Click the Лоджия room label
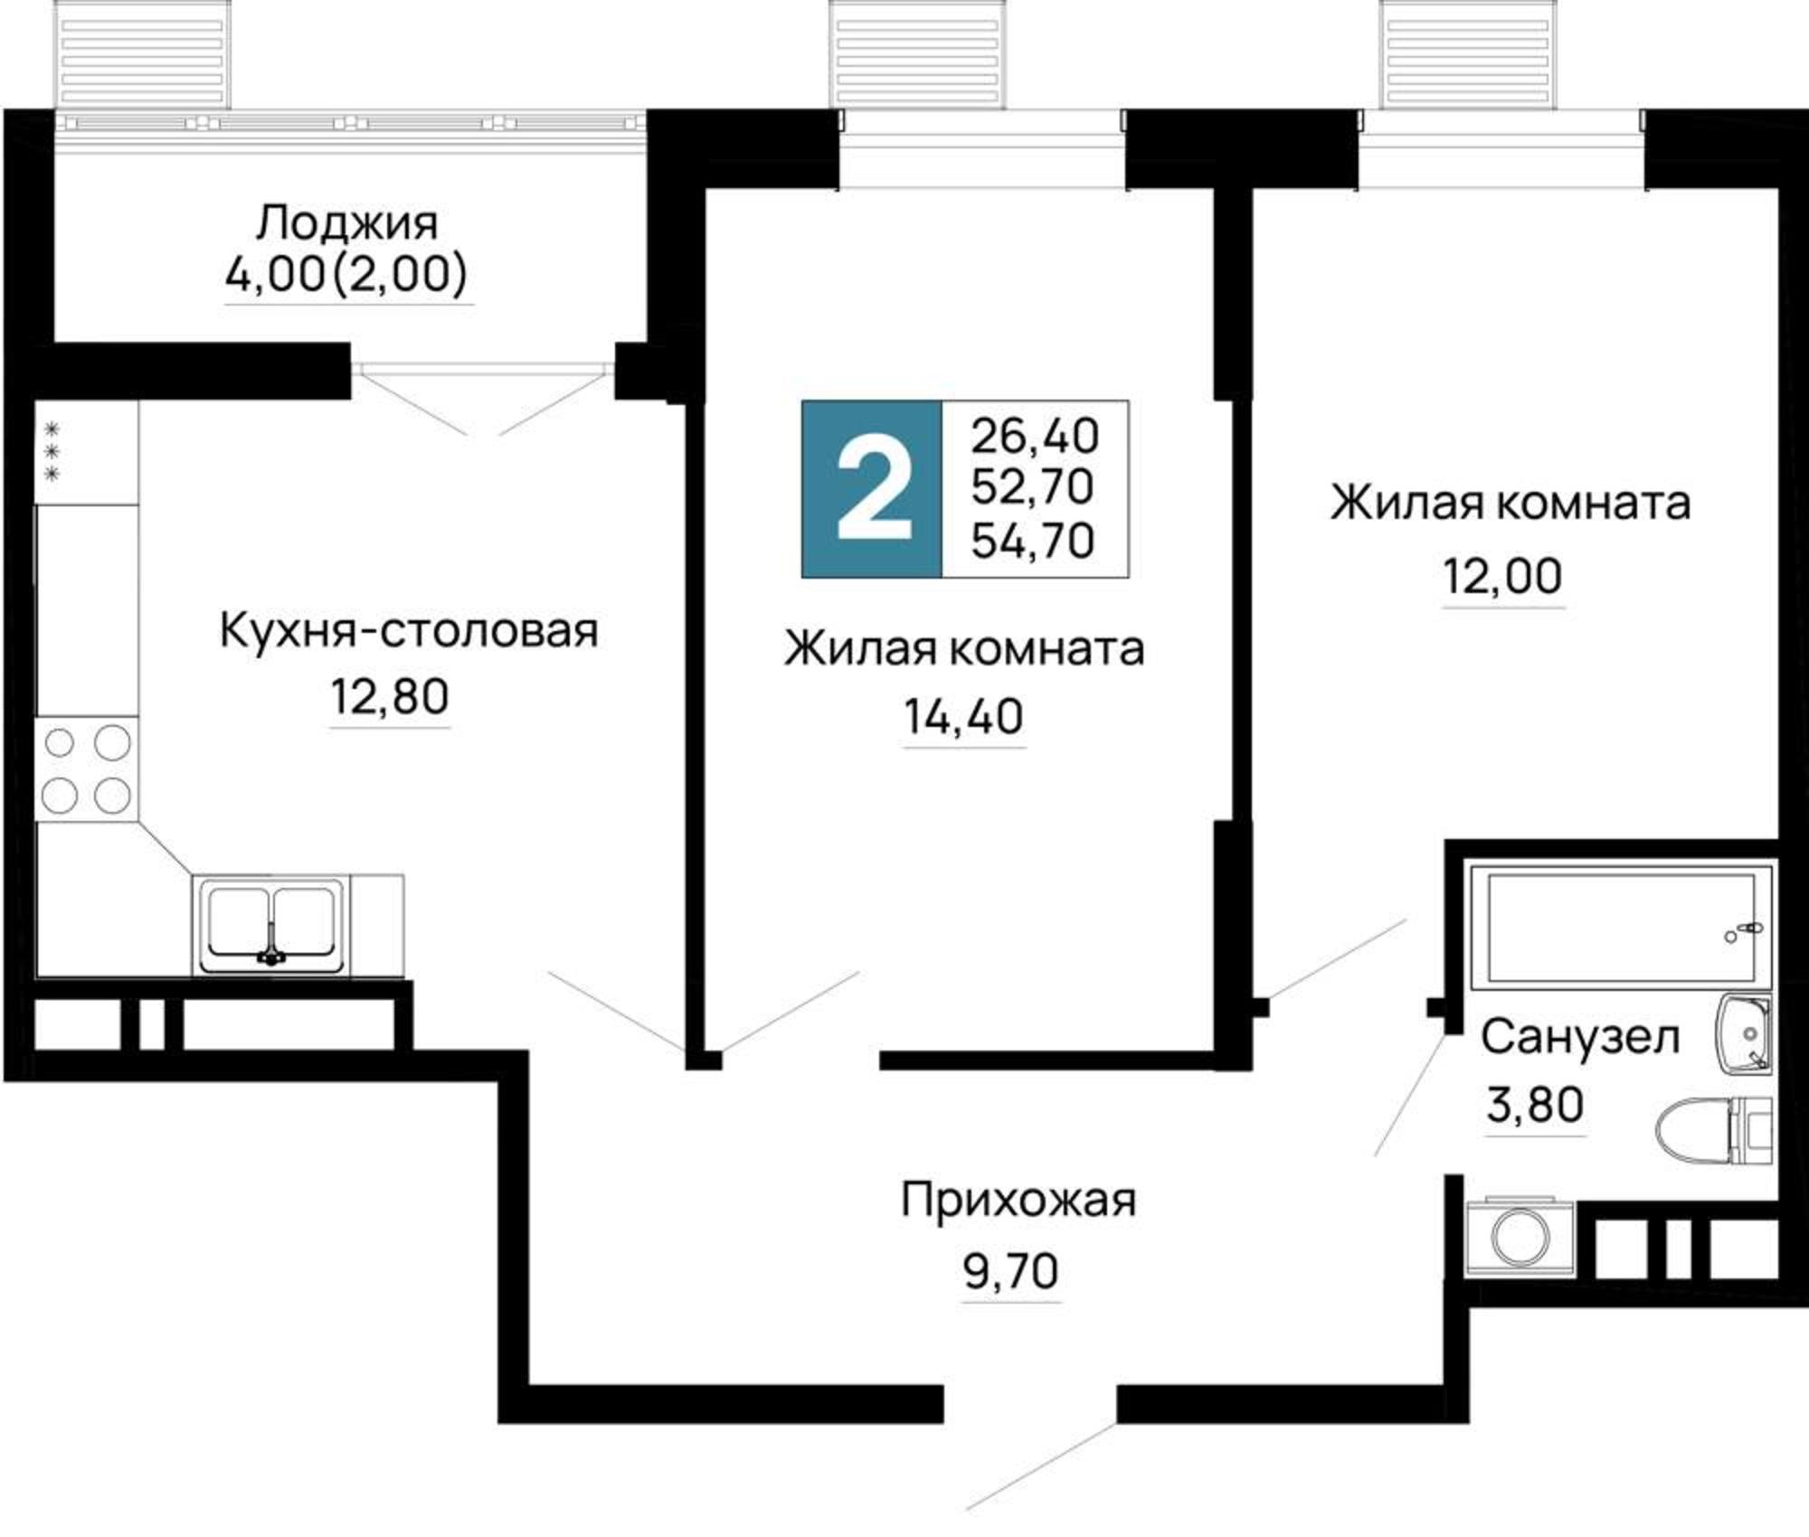(347, 223)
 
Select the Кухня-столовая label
(409, 630)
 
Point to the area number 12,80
(389, 697)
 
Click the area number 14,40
(964, 717)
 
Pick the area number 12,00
(1502, 576)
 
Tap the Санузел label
(1579, 1038)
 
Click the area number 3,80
(1536, 1104)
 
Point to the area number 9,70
(1011, 1272)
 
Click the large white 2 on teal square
(873, 489)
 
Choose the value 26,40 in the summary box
(1035, 436)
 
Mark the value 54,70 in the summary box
(1033, 541)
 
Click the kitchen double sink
(270, 924)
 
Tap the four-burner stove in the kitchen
(87, 769)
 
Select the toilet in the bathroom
(1710, 1129)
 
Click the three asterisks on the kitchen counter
(52, 451)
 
